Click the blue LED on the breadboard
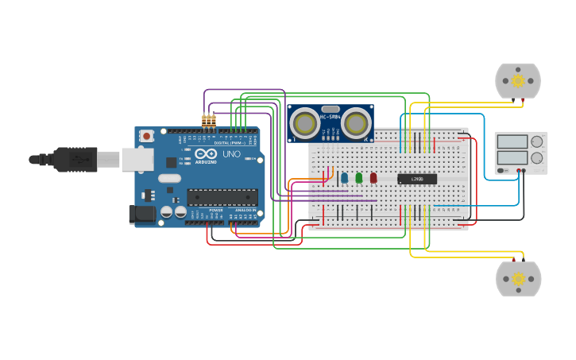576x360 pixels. pyautogui.click(x=344, y=178)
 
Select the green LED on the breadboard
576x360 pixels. pyautogui.click(x=359, y=178)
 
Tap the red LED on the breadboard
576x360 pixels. pyautogui.click(x=373, y=178)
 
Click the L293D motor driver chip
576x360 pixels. pyautogui.click(x=417, y=179)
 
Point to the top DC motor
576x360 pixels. pyautogui.click(x=518, y=80)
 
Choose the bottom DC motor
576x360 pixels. pyautogui.click(x=518, y=279)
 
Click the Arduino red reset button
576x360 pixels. pyautogui.click(x=146, y=136)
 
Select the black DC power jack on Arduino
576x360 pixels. pyautogui.click(x=141, y=213)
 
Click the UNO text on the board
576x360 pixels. pyautogui.click(x=231, y=154)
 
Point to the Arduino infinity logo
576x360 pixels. pyautogui.click(x=205, y=154)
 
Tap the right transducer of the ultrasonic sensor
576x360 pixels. pyautogui.click(x=357, y=123)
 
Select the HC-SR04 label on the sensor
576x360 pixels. pyautogui.click(x=331, y=118)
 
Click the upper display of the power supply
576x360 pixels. pyautogui.click(x=512, y=141)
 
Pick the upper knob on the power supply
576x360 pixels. pyautogui.click(x=537, y=142)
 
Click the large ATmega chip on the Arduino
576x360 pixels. pyautogui.click(x=222, y=197)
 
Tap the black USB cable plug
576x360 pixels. pyautogui.click(x=75, y=159)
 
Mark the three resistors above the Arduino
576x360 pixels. pyautogui.click(x=208, y=121)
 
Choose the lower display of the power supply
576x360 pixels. pyautogui.click(x=512, y=157)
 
